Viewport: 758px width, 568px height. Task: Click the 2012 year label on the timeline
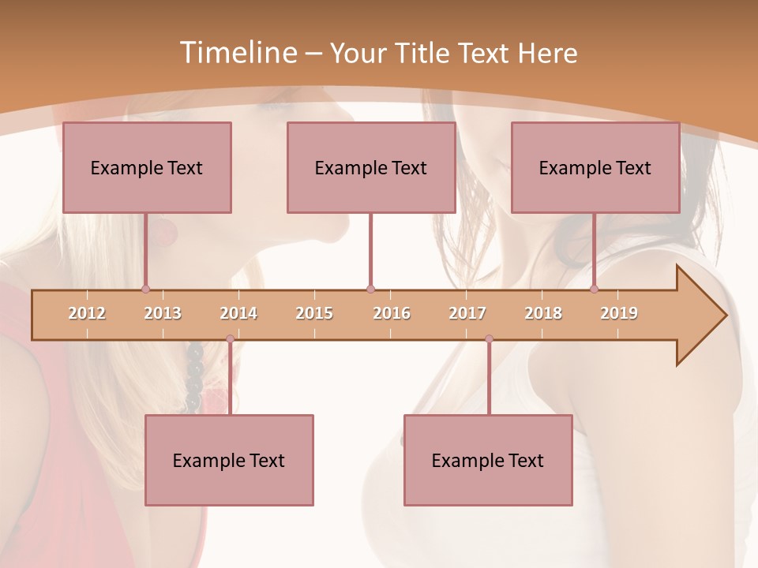pyautogui.click(x=87, y=313)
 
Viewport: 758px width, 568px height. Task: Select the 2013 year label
pyautogui.click(x=163, y=313)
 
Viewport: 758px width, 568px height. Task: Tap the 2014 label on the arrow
pyautogui.click(x=238, y=313)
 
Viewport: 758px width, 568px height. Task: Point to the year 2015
pyautogui.click(x=314, y=313)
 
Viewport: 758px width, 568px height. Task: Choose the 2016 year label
pyautogui.click(x=392, y=313)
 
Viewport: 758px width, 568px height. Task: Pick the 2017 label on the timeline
pyautogui.click(x=467, y=313)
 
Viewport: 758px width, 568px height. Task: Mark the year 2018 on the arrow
pyautogui.click(x=543, y=313)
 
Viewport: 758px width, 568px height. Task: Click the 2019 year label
pyautogui.click(x=619, y=313)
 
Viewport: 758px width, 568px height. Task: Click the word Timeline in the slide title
pyautogui.click(x=237, y=53)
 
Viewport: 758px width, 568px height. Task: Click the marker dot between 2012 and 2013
pyautogui.click(x=145, y=290)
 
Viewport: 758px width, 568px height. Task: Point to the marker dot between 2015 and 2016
pyautogui.click(x=370, y=290)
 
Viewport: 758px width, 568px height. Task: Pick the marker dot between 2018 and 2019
pyautogui.click(x=594, y=290)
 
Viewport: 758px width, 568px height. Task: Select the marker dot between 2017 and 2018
pyautogui.click(x=489, y=339)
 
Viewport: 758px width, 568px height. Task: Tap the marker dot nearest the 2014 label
pyautogui.click(x=230, y=339)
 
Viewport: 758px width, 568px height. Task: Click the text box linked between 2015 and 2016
pyautogui.click(x=371, y=167)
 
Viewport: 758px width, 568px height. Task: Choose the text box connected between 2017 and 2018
pyautogui.click(x=488, y=460)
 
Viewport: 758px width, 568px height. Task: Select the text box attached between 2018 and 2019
pyautogui.click(x=595, y=167)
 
